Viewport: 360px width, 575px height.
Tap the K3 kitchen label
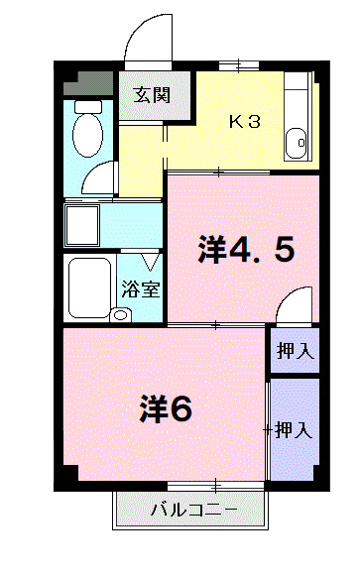[x=245, y=122]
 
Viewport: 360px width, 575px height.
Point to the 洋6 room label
[x=165, y=407]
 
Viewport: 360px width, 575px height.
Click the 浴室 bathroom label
[x=139, y=290]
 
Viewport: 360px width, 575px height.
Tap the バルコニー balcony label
[x=192, y=511]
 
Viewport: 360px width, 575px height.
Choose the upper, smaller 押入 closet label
[x=295, y=349]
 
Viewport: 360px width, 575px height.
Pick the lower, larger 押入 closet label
[x=295, y=430]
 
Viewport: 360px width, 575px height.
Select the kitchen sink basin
[x=298, y=145]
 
